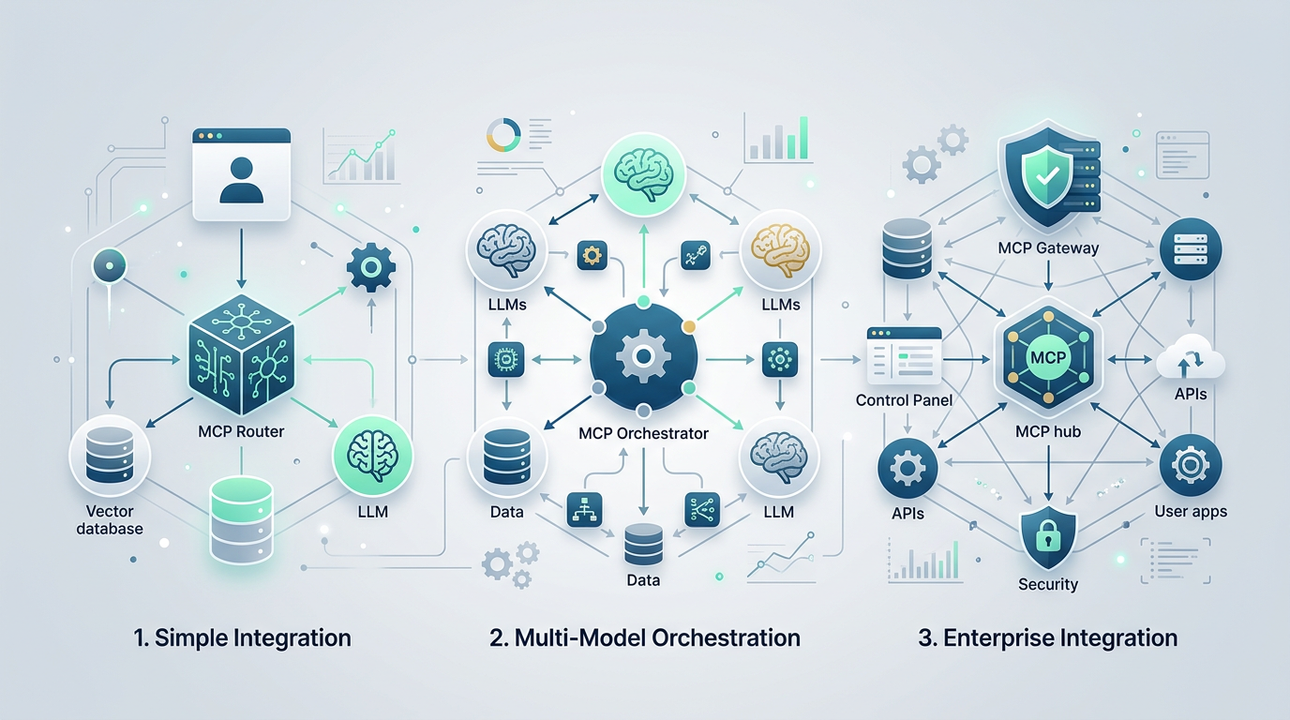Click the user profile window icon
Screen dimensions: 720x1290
click(241, 175)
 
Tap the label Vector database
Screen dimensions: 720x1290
click(110, 519)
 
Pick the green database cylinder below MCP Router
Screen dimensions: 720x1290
click(241, 518)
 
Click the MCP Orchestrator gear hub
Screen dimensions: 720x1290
click(643, 357)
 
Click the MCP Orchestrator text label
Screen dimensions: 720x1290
click(643, 434)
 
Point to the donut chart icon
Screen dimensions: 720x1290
click(504, 137)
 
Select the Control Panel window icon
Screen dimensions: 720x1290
click(904, 356)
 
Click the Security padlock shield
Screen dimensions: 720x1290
click(1047, 535)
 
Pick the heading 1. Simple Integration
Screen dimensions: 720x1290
click(242, 638)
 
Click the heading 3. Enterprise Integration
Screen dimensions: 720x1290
click(1047, 638)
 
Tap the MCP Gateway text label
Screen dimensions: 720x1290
click(1047, 248)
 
